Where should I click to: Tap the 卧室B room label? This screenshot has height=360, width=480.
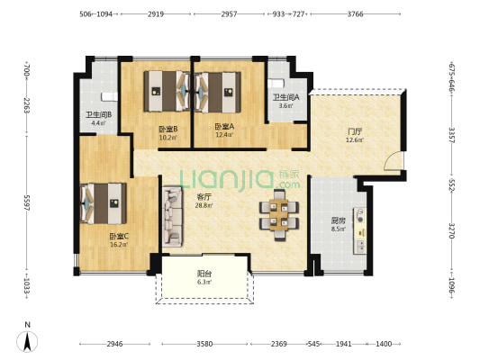[168, 129]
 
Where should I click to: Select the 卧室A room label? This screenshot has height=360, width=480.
[224, 126]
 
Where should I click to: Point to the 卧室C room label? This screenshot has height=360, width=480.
[119, 236]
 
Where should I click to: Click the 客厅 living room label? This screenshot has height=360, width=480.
[204, 197]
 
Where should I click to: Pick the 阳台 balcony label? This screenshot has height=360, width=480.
[204, 273]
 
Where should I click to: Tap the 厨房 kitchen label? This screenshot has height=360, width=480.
[338, 220]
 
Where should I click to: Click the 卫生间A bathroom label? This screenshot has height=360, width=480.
[285, 97]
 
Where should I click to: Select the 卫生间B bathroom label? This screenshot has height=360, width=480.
[98, 115]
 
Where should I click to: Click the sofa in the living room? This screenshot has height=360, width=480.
[172, 217]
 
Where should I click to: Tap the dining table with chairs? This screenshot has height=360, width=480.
[279, 215]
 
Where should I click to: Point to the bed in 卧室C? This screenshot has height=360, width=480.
[104, 203]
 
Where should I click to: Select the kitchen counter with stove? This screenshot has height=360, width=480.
[359, 230]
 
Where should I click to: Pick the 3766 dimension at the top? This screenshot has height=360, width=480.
[355, 14]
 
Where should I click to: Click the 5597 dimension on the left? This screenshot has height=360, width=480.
[27, 202]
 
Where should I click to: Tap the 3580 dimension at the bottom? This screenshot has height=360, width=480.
[204, 344]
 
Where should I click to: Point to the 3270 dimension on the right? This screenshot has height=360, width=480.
[452, 230]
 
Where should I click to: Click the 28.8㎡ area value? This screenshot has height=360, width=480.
[204, 205]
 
